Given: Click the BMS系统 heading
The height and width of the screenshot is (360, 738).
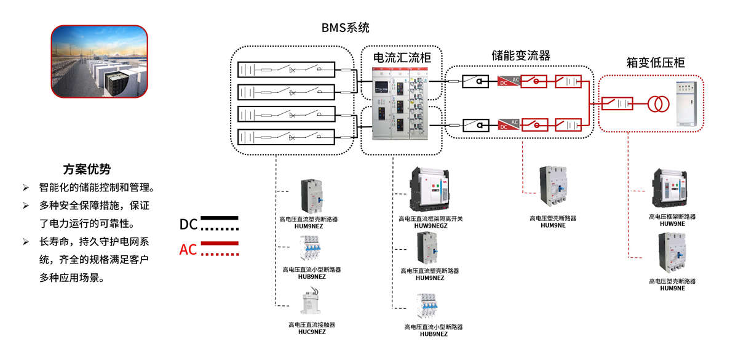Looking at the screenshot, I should [x=345, y=28].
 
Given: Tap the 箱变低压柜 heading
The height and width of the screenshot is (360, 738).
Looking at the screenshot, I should [x=655, y=63].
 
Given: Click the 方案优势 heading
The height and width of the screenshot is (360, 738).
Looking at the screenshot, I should [x=87, y=169].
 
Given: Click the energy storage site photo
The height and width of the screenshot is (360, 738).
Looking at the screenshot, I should [x=99, y=62].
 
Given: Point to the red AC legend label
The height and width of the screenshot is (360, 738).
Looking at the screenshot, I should [x=188, y=249].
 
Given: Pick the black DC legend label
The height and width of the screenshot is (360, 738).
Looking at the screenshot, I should [x=188, y=225].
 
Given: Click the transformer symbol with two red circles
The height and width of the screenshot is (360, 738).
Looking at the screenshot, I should [x=657, y=103].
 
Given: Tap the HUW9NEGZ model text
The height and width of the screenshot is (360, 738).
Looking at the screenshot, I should [x=430, y=226].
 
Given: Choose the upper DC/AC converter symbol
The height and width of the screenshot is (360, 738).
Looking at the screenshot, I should [x=508, y=81].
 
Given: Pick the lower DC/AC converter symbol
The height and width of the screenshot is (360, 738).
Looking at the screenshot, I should [x=508, y=125].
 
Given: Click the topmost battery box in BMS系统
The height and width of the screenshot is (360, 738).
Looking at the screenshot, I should [x=286, y=70].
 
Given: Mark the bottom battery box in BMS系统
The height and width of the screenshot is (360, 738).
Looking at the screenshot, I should [x=286, y=137].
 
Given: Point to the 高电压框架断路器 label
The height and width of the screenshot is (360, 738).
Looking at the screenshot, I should [x=672, y=217].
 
